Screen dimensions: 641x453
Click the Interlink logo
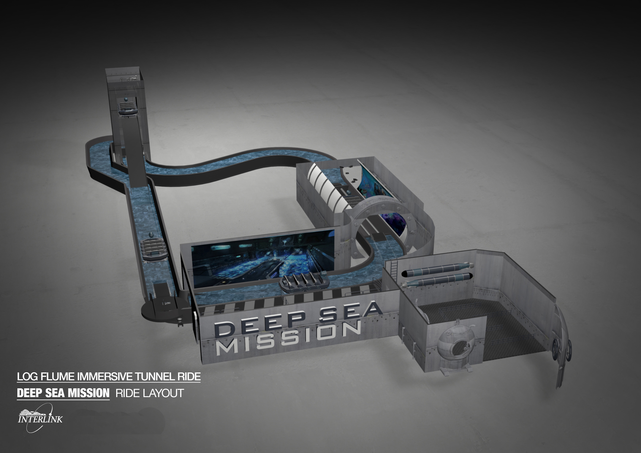point(40,418)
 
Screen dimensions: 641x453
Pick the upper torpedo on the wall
point(437,269)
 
